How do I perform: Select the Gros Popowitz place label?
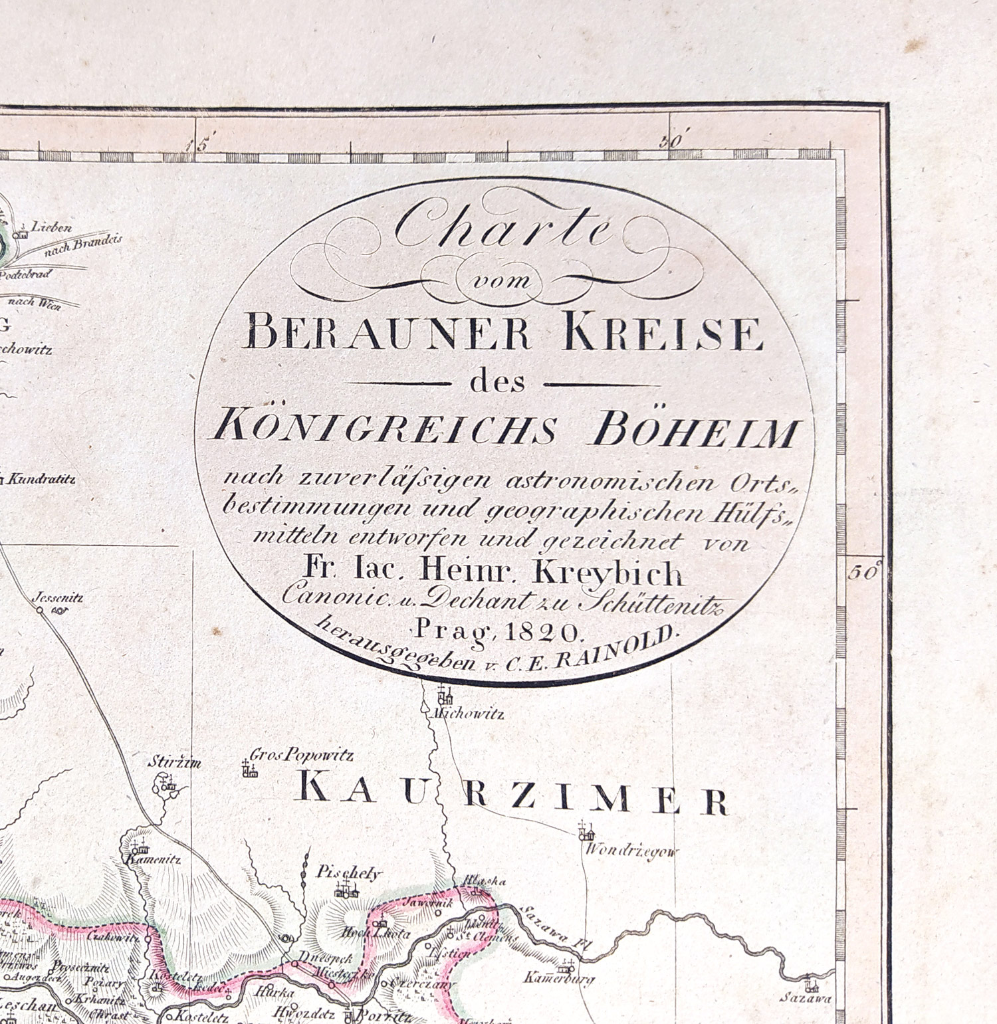(301, 755)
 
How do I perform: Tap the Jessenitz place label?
(58, 597)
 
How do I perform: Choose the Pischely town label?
(350, 872)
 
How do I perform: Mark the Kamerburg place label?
(558, 977)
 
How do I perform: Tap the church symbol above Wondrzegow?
(585, 831)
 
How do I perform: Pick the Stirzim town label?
(174, 762)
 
